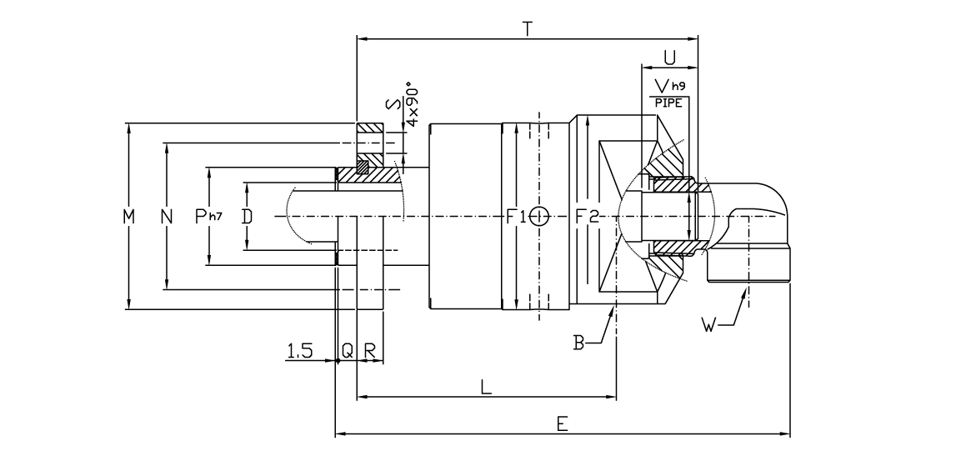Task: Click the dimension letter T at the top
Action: (x=527, y=28)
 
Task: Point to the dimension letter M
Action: (x=128, y=217)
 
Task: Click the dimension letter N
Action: (x=167, y=217)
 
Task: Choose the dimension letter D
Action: (x=246, y=217)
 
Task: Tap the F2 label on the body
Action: (x=588, y=217)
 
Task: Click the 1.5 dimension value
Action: (x=299, y=352)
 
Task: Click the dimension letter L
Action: (x=486, y=387)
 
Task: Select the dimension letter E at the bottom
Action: (x=563, y=424)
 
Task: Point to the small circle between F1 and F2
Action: (x=538, y=217)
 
